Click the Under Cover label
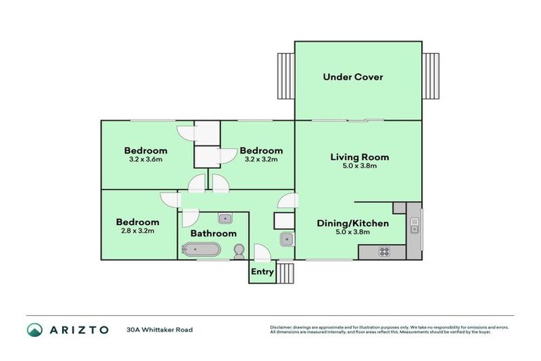(352, 77)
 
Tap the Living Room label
(359, 157)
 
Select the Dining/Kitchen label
(352, 224)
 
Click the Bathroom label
(213, 233)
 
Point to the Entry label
(262, 271)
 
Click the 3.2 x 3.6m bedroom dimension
(146, 159)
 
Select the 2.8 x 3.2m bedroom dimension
(137, 231)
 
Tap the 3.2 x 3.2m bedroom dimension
(261, 159)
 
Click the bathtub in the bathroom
(201, 249)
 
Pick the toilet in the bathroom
(239, 250)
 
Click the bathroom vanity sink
(225, 218)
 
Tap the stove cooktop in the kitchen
(385, 251)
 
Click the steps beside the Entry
(284, 271)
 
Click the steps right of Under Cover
(430, 78)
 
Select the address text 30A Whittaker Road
(159, 329)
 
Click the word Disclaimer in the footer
(280, 327)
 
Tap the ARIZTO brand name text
(78, 329)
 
